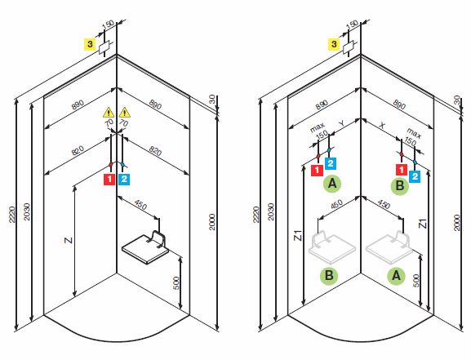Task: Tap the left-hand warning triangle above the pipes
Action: point(108,112)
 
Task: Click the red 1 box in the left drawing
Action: point(108,178)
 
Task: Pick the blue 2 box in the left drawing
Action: point(124,178)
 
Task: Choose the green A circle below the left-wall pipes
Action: point(335,184)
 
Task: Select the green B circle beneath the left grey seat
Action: point(331,276)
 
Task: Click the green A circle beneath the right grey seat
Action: point(397,276)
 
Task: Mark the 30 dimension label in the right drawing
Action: point(457,99)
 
